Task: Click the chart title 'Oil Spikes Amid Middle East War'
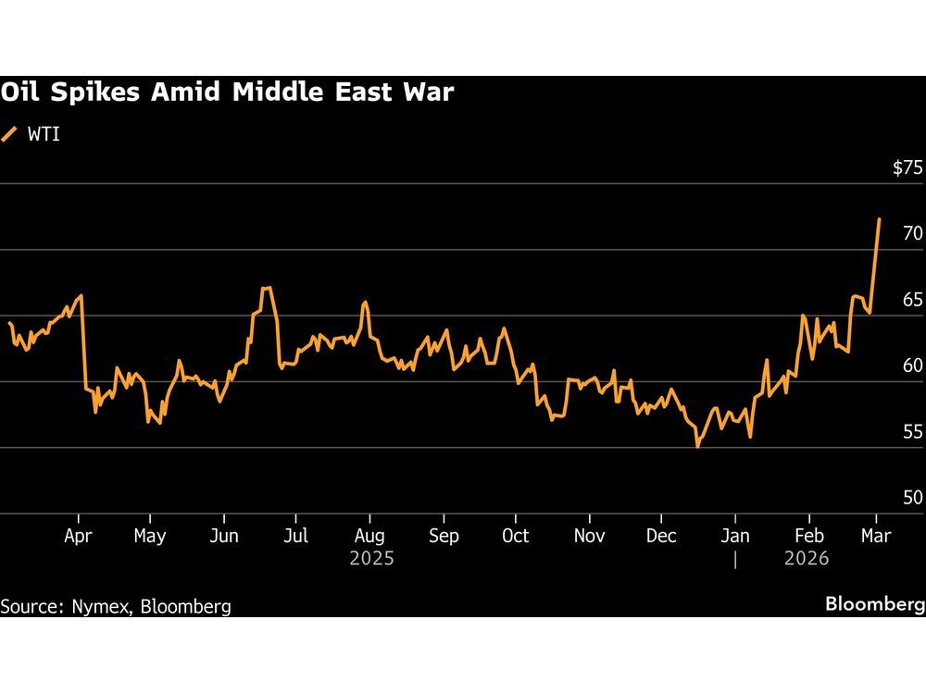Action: click(227, 93)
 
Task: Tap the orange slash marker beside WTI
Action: click(9, 134)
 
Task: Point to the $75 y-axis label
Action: click(907, 168)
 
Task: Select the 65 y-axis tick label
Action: click(912, 300)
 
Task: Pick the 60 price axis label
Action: click(912, 366)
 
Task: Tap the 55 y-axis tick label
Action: click(912, 432)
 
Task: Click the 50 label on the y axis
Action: click(912, 498)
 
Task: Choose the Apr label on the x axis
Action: click(78, 537)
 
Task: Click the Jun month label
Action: click(224, 537)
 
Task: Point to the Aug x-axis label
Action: click(369, 537)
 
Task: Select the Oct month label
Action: click(515, 537)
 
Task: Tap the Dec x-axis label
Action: click(660, 537)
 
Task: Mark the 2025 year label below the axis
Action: click(371, 559)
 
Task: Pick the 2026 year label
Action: click(806, 559)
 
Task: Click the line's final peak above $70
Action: click(879, 219)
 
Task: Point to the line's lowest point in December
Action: click(697, 447)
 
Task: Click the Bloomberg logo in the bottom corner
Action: click(875, 604)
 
